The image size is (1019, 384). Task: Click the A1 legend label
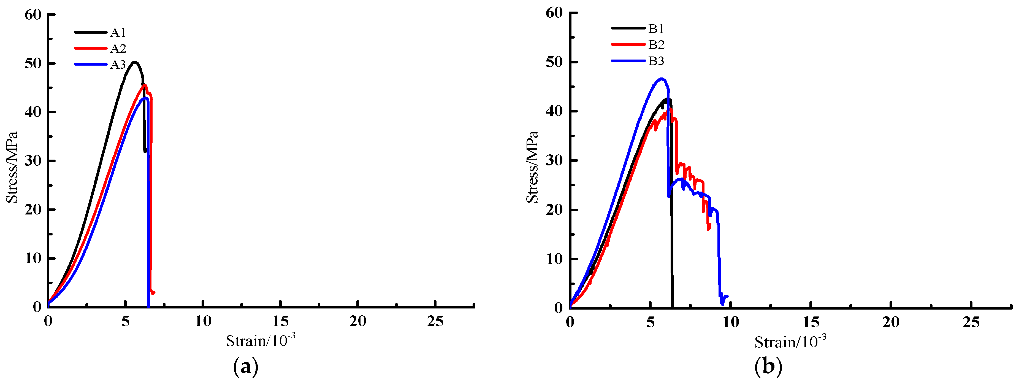[118, 33]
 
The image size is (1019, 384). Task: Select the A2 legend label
[118, 49]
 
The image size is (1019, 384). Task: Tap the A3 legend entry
[118, 65]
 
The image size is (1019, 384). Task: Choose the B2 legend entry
[656, 45]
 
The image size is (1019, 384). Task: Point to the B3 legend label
[656, 61]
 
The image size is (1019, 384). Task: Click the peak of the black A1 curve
[134, 62]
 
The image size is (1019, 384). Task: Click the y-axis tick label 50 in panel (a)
[33, 63]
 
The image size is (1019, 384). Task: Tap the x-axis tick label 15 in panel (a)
[280, 321]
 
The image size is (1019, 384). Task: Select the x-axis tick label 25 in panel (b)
[971, 323]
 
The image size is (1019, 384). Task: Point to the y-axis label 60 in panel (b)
[554, 13]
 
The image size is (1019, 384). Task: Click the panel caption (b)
[768, 367]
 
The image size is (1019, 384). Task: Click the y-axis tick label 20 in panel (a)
[33, 210]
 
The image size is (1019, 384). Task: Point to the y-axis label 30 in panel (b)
[554, 161]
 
